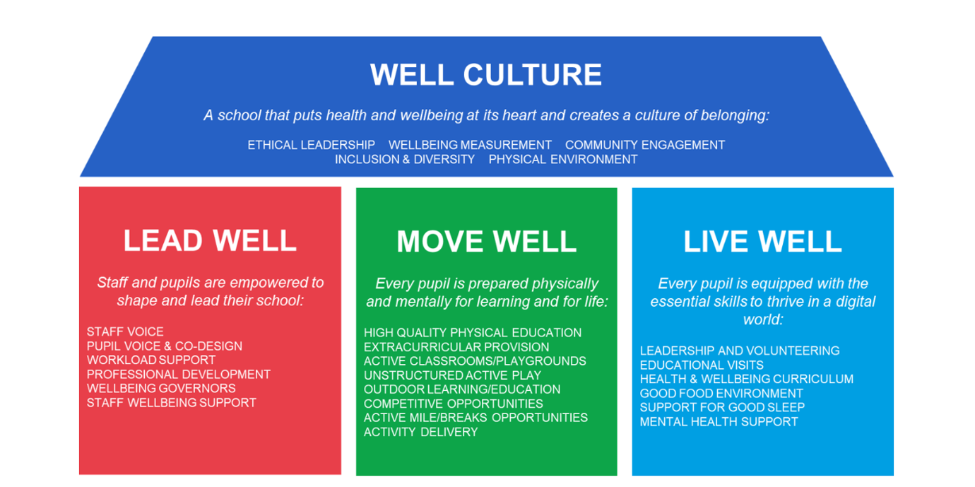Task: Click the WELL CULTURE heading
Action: [x=486, y=74]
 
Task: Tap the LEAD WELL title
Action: [x=210, y=240]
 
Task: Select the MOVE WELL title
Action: [x=486, y=241]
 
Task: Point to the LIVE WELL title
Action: [x=762, y=241]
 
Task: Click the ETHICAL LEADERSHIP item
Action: [x=311, y=145]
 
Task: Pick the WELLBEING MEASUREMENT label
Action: [x=470, y=145]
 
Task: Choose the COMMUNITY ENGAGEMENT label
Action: [x=645, y=145]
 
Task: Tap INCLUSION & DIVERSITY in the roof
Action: [x=405, y=160]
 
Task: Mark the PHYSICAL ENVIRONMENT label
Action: [x=563, y=160]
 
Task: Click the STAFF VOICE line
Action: [x=125, y=332]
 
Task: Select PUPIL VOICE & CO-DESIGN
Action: [x=165, y=346]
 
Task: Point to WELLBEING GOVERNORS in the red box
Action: [x=161, y=389]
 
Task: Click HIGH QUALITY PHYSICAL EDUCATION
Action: [x=473, y=333]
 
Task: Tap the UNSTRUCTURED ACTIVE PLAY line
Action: [x=453, y=375]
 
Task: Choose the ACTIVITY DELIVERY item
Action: [x=421, y=432]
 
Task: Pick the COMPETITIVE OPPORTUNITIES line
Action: [x=454, y=404]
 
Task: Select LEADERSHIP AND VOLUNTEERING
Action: [x=740, y=351]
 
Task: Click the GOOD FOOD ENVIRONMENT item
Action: [x=721, y=393]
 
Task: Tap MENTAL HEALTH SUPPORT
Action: [x=719, y=422]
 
